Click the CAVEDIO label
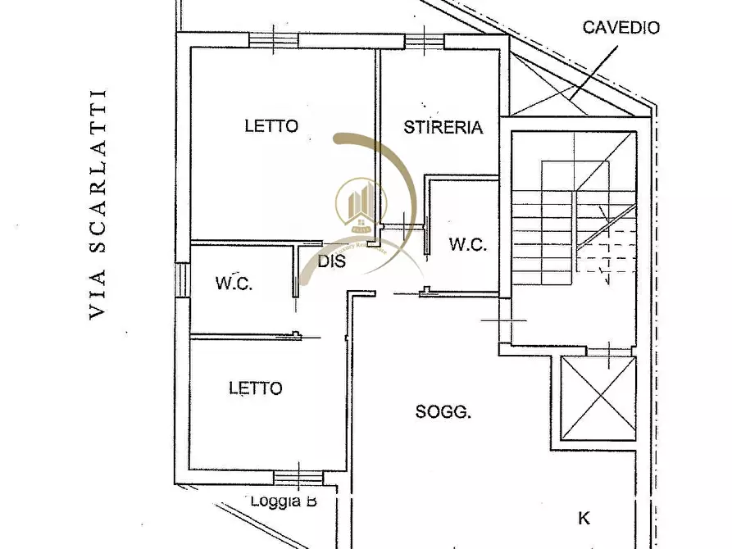pos(621,27)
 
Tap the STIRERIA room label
pos(443,127)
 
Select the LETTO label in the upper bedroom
pos(271,126)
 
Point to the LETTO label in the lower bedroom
pos(255,388)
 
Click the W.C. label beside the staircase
pos(468,244)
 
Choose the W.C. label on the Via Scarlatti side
pos(234,284)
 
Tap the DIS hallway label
pos(332,262)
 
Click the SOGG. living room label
pos(443,413)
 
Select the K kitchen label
pos(584,518)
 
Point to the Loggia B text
pos(284,501)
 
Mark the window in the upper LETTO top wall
pos(273,39)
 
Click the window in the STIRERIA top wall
pos(424,39)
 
